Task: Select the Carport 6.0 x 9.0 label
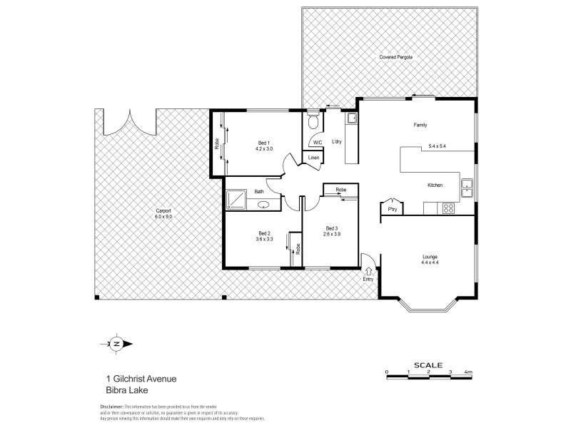tap(164, 212)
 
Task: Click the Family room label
tap(420, 125)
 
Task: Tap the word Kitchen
tap(435, 185)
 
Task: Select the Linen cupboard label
tap(313, 158)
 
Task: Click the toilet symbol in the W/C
tap(312, 122)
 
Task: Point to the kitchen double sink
tap(468, 188)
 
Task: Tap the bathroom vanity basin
tap(263, 205)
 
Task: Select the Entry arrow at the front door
tap(368, 270)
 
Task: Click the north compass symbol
tap(116, 344)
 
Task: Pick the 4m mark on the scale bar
tap(468, 372)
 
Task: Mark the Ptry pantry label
tap(392, 210)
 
